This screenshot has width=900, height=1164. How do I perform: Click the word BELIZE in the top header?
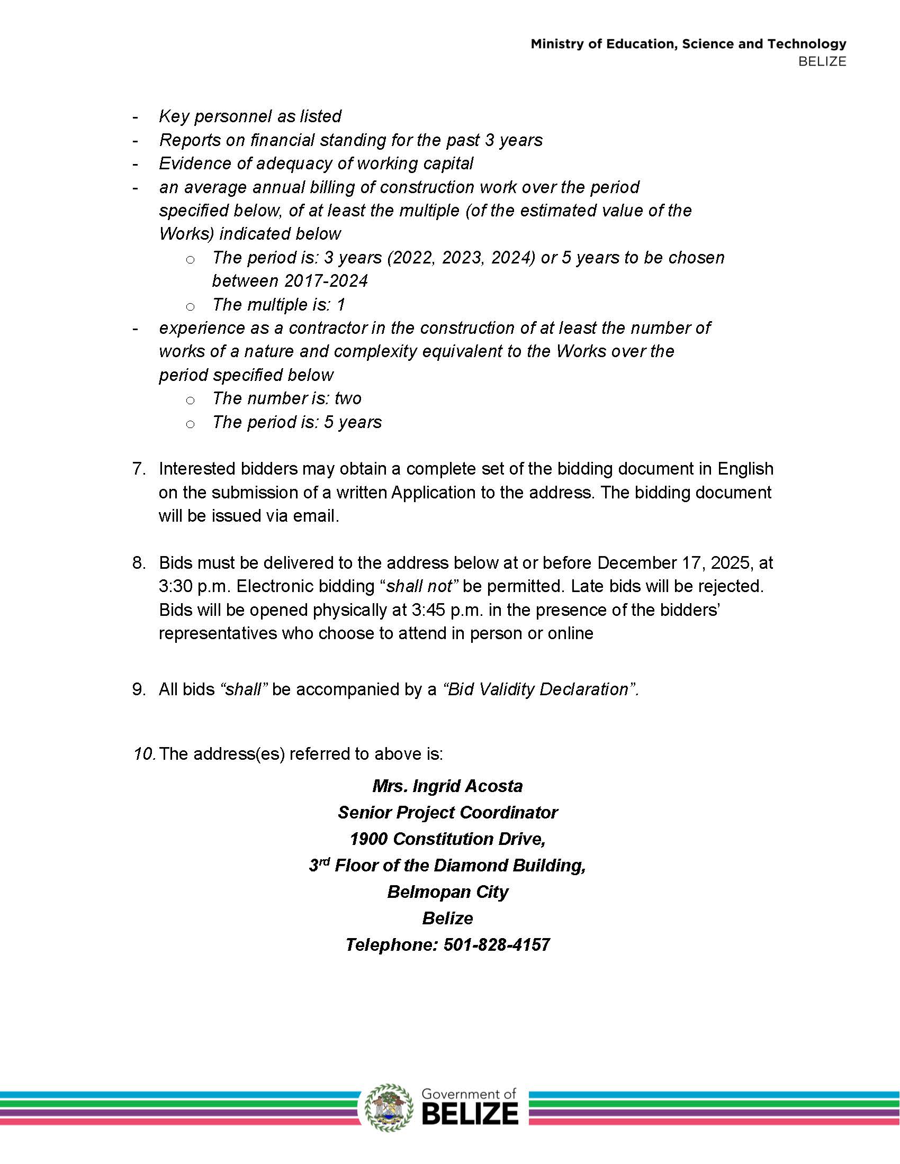(x=822, y=62)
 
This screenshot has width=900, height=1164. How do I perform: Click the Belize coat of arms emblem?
(x=389, y=1107)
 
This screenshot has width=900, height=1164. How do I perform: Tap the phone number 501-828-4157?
(x=497, y=945)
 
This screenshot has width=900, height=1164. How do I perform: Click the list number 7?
(x=139, y=469)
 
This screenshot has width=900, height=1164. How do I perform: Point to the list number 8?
(x=139, y=563)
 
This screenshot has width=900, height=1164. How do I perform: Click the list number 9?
(x=139, y=689)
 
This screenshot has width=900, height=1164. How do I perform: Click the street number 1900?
(x=368, y=839)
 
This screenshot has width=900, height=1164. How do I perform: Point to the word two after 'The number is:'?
(x=348, y=398)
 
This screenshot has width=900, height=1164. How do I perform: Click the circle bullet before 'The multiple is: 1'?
(x=190, y=306)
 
